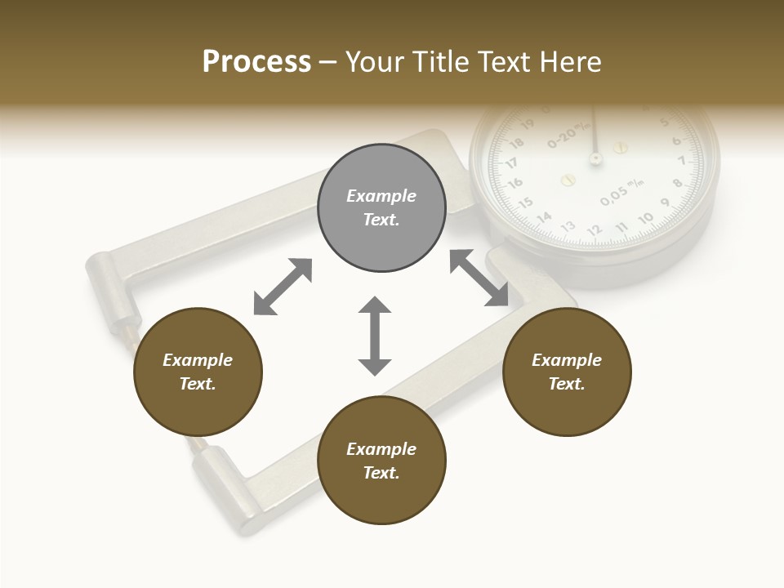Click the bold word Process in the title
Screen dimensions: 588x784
pyautogui.click(x=256, y=62)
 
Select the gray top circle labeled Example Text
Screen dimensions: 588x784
pyautogui.click(x=381, y=207)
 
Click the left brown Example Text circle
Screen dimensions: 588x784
pyautogui.click(x=198, y=372)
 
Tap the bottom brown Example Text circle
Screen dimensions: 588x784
pyautogui.click(x=381, y=460)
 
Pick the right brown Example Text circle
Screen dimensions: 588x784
pyautogui.click(x=566, y=372)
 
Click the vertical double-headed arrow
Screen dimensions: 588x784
pyautogui.click(x=375, y=336)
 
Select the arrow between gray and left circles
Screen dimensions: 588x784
pyautogui.click(x=283, y=287)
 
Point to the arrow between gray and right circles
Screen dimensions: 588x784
pyautogui.click(x=479, y=278)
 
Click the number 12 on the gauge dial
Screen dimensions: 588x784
pyautogui.click(x=595, y=230)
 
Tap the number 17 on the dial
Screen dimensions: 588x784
pyautogui.click(x=511, y=163)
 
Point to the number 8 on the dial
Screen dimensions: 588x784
pyautogui.click(x=677, y=183)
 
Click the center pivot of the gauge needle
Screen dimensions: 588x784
pyautogui.click(x=595, y=158)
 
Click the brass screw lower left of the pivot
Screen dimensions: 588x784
pyautogui.click(x=569, y=179)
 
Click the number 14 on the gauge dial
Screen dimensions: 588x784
pyautogui.click(x=545, y=216)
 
